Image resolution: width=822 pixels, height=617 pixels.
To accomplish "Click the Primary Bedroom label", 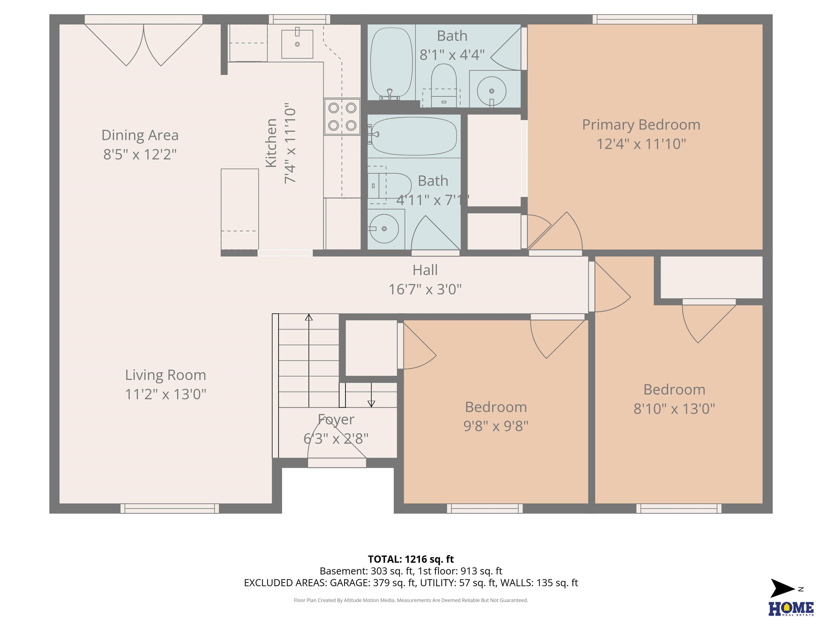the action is (x=641, y=125).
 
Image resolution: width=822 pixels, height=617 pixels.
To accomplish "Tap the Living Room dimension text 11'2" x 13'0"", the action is (x=165, y=394).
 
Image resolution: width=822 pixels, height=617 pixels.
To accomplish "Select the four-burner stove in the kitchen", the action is (x=342, y=116).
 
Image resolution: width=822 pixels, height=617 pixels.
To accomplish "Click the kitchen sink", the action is (x=297, y=44).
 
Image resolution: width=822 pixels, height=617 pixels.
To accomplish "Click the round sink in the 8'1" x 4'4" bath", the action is (x=491, y=91).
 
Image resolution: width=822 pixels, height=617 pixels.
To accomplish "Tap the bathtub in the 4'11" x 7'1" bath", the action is (x=414, y=136).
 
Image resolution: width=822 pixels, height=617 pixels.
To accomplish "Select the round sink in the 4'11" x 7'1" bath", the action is (x=384, y=228).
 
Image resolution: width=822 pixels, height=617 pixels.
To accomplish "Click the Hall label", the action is (x=425, y=270).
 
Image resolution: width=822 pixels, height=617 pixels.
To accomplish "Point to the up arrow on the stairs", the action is (x=309, y=361).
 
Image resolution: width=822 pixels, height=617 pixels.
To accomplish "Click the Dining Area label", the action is (x=140, y=135).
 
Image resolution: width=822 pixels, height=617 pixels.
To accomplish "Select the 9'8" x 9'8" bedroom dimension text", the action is (x=496, y=426).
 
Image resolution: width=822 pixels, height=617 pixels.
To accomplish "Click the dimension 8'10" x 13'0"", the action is (x=674, y=409).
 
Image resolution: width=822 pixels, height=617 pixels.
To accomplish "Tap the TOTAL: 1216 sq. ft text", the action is (x=411, y=559).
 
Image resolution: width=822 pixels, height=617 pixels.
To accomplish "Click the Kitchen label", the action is (x=271, y=143).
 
